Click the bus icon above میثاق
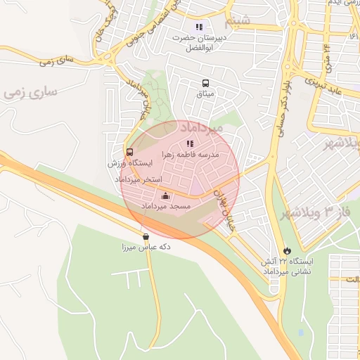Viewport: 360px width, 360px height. pos(205,83)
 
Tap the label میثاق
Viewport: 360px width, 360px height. pos(205,94)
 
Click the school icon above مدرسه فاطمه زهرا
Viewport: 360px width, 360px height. pos(189,143)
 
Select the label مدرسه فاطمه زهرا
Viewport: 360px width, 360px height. pos(191,153)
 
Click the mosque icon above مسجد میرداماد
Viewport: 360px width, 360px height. pos(166,196)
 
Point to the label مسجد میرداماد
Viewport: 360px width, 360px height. pos(166,207)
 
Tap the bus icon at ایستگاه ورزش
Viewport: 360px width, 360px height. pos(129,152)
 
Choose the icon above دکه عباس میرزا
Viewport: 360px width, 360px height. pos(146,236)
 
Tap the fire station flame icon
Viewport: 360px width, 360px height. pos(287,250)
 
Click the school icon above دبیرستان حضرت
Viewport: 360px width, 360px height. pos(200,27)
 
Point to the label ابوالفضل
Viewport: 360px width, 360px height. pos(200,49)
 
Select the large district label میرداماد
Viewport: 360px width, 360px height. pos(201,128)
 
